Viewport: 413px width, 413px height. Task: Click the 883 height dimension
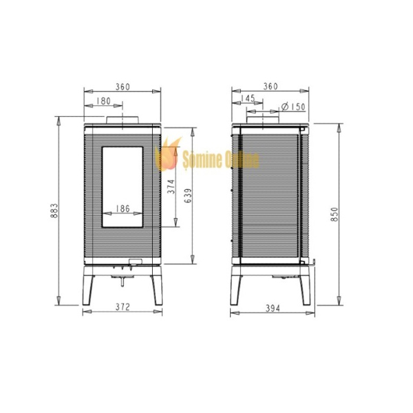coord(54,211)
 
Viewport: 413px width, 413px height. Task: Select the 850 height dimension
coord(335,214)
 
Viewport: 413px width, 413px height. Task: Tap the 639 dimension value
coord(188,195)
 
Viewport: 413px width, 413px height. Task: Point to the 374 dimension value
coord(171,187)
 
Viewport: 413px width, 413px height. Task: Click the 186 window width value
coord(123,209)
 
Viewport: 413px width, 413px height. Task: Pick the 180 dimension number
coord(103,101)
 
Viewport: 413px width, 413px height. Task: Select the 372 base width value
coord(123,307)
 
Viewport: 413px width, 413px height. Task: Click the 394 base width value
coord(273,308)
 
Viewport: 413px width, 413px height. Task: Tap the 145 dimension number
coord(248,98)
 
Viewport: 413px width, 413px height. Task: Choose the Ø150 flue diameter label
coord(293,107)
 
